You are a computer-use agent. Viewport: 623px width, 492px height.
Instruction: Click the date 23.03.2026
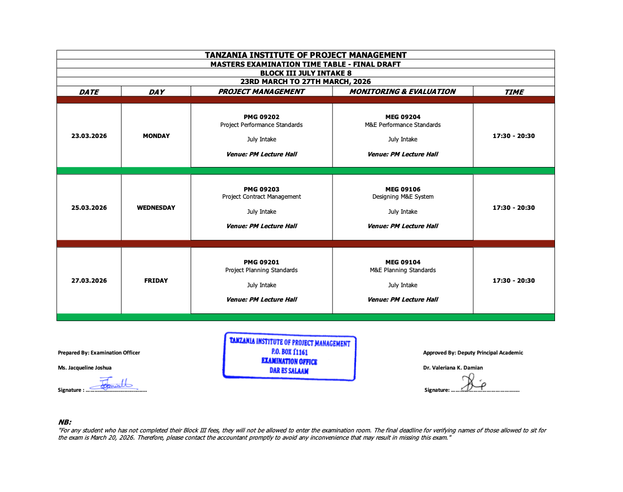89,136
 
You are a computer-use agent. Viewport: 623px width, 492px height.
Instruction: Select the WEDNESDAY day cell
156,208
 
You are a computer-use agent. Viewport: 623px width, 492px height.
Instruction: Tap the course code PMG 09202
261,117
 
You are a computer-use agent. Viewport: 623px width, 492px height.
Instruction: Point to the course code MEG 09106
403,189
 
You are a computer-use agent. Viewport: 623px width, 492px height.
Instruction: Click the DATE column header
89,92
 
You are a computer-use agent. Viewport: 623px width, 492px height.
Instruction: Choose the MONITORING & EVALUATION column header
402,91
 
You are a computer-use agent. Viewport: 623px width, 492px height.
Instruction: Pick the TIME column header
514,92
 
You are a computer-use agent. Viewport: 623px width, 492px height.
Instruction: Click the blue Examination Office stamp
289,357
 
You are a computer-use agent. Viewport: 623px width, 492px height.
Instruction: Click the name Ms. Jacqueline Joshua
85,367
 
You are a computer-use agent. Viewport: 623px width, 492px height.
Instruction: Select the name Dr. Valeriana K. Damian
452,367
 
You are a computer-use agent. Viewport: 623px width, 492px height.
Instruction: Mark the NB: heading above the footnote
65,422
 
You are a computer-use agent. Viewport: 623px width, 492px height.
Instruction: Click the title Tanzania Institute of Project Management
305,55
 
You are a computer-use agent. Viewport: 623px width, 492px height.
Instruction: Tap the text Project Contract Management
261,196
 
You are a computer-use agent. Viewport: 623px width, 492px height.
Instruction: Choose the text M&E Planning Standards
403,270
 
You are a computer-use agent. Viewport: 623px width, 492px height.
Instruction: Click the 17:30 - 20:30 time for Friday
513,281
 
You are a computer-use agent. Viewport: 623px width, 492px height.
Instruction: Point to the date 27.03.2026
89,281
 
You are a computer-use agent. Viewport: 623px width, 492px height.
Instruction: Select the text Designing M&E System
403,196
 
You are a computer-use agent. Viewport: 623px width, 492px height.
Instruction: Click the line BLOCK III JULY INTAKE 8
305,73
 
